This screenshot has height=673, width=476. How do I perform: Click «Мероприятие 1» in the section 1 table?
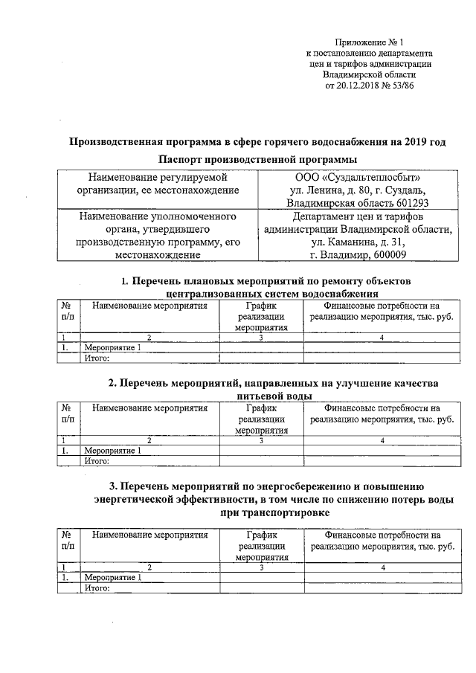pos(112,347)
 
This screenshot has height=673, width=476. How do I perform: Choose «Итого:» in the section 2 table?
pos(97,461)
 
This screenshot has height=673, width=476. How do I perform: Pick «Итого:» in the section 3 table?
pos(97,587)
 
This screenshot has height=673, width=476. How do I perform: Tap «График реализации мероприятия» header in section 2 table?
pos(261,419)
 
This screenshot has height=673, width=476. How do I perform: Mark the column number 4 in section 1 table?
pos(382,338)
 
